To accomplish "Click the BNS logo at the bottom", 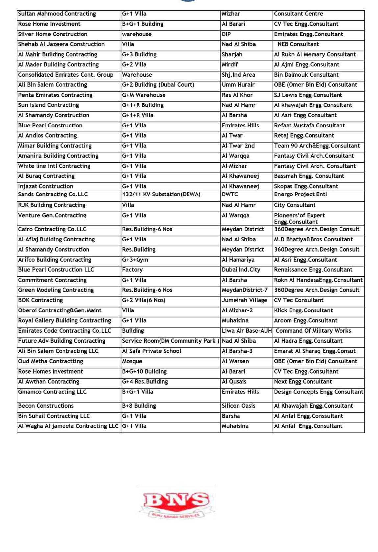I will tap(177, 502).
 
